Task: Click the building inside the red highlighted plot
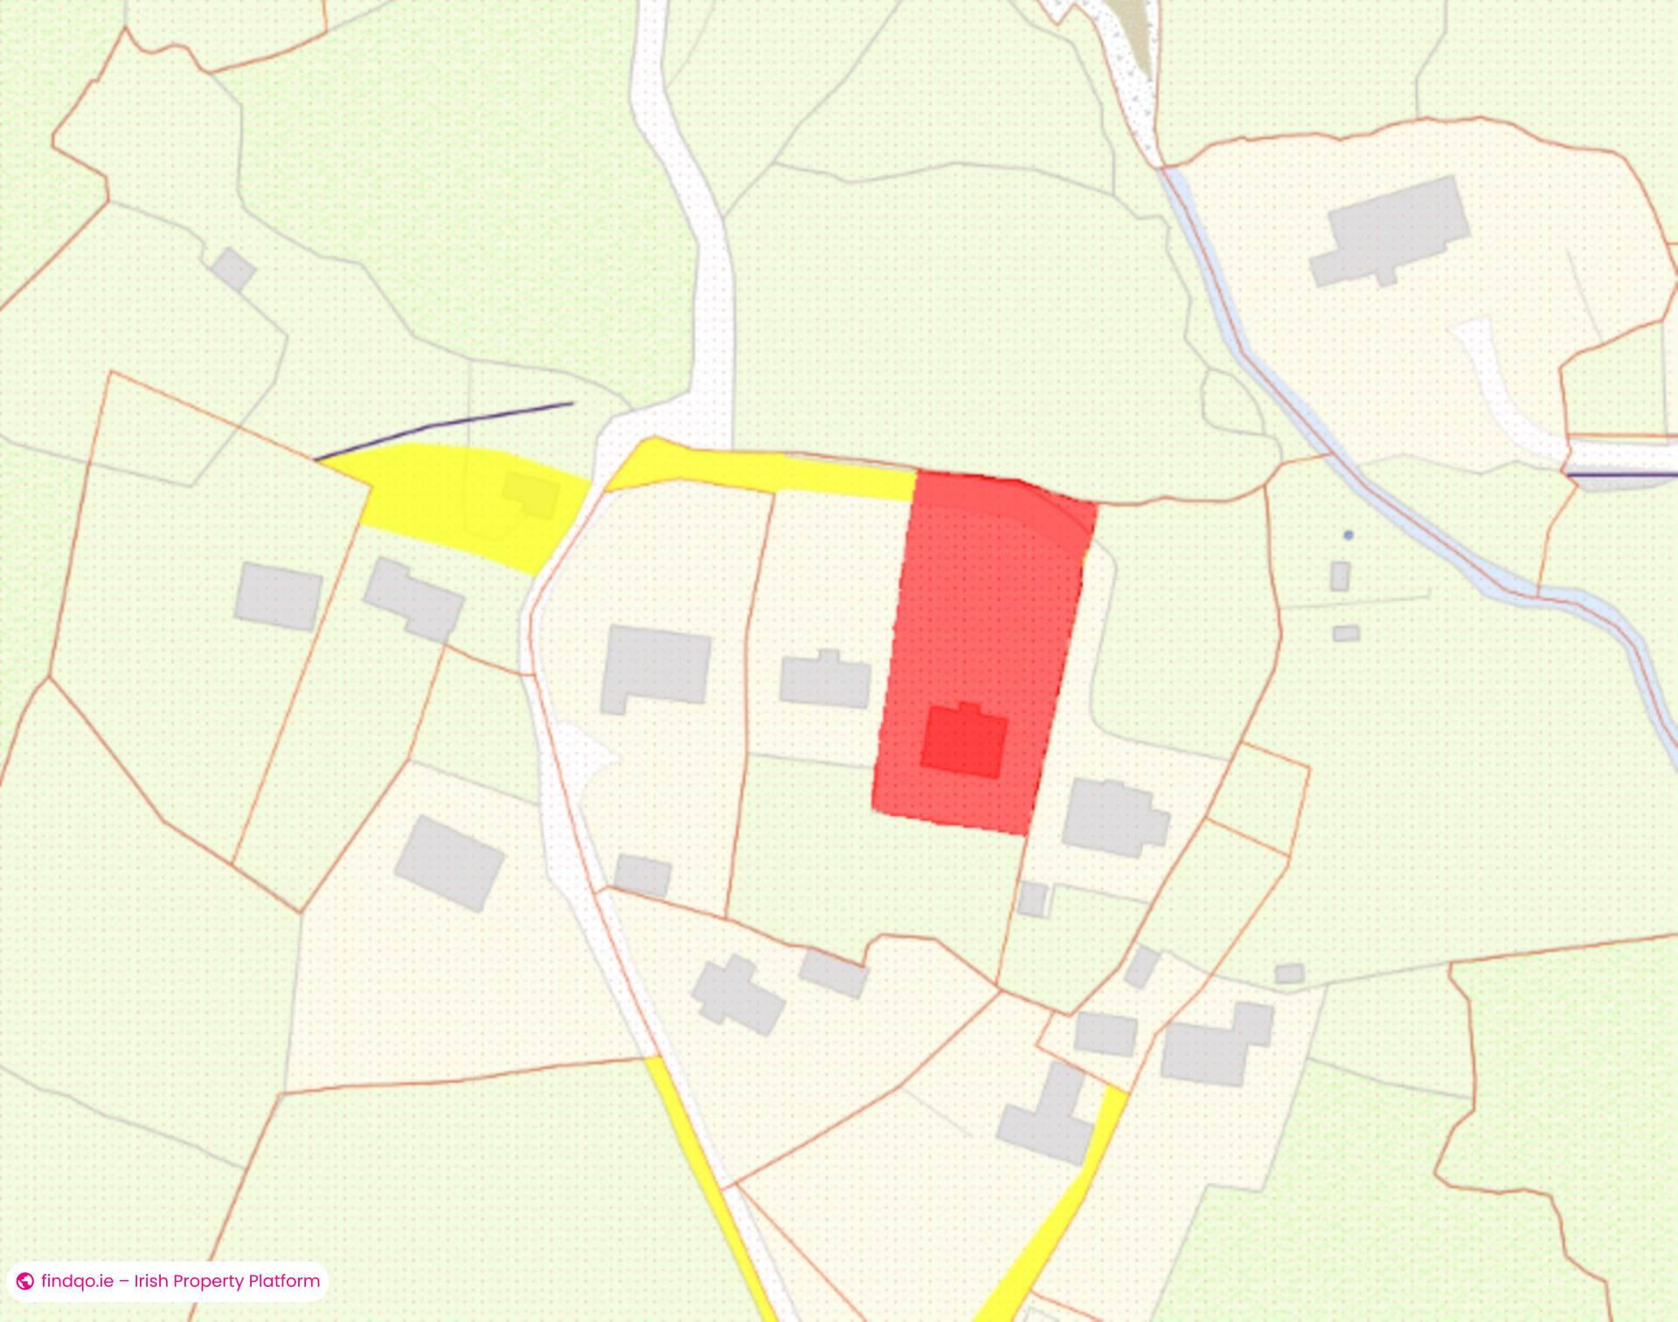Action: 964,742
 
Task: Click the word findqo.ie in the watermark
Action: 77,1281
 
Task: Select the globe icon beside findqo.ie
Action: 25,1282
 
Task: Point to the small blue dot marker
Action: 1349,535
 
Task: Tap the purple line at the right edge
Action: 1621,474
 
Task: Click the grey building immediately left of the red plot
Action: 825,681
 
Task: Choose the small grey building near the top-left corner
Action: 233,269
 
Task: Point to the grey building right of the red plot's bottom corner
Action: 1114,818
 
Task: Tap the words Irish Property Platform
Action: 227,1281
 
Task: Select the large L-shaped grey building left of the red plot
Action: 655,666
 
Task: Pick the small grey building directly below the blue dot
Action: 1340,577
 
